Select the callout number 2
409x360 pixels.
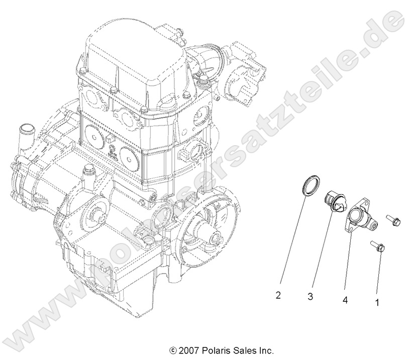278,295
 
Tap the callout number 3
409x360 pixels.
311,297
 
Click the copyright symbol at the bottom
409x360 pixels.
173,350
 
